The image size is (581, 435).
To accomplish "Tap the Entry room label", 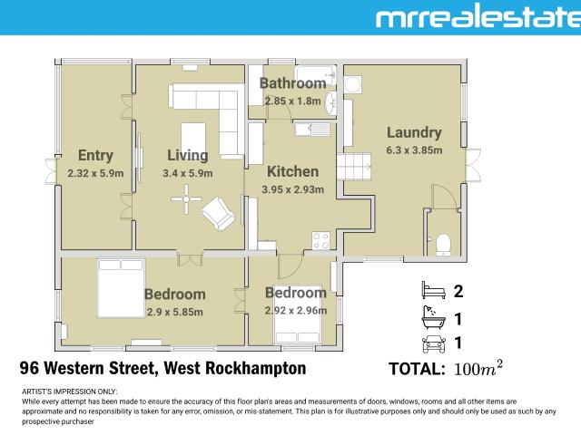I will pos(95,155).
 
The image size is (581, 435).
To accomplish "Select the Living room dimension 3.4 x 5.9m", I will pos(187,173).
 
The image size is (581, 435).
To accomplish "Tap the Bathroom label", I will pos(292,84).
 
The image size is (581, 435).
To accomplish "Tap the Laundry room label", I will pos(413,132).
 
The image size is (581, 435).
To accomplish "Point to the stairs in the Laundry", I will pos(350,168).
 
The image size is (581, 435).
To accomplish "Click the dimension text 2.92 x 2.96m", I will pos(295,310).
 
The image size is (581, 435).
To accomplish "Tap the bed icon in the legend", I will pos(430,292).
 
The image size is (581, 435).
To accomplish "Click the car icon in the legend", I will pos(430,343).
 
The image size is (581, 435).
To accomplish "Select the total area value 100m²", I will pos(478,369).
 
